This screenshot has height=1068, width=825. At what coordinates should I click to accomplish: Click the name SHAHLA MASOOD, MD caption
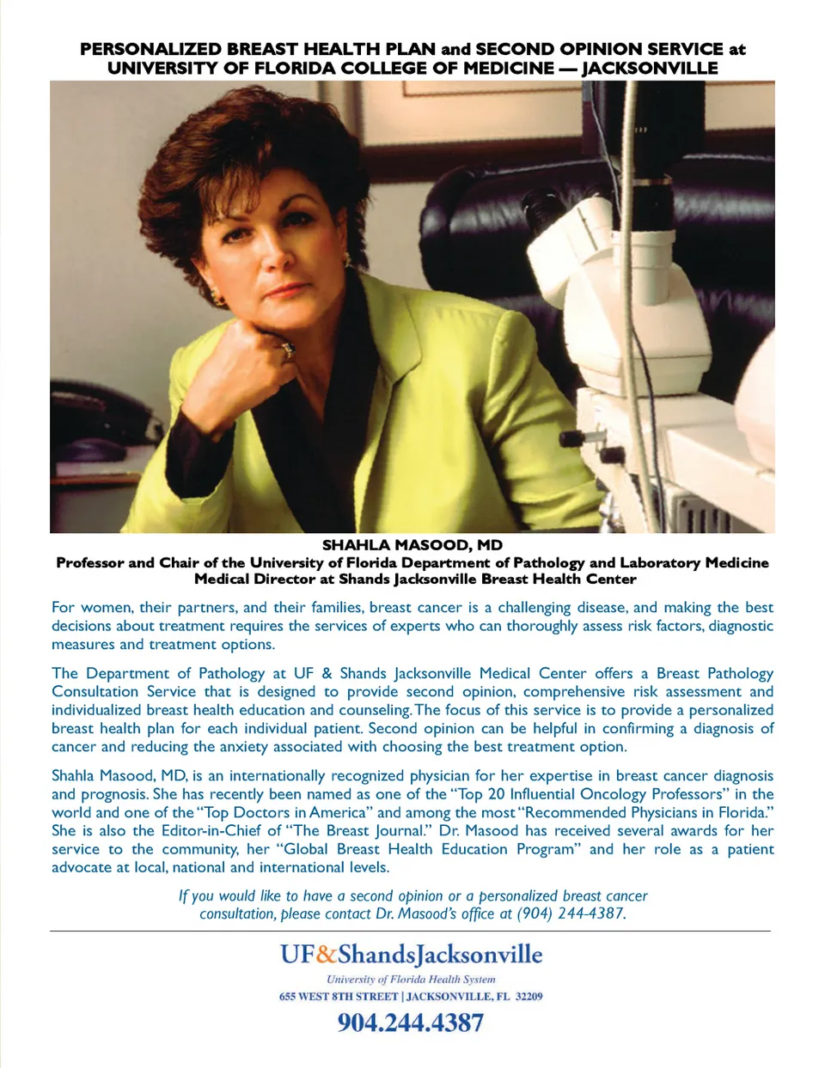point(412,545)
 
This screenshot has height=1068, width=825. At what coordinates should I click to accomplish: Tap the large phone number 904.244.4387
point(411,1022)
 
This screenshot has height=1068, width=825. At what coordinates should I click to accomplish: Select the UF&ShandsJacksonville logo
point(411,955)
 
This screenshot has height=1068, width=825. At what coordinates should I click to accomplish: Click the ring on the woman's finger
point(288,349)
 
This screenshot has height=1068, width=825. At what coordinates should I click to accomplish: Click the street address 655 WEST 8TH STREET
point(339,997)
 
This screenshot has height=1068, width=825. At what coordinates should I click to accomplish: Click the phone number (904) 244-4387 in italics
point(571,913)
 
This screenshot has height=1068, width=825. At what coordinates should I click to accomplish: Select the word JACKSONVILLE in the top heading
point(650,68)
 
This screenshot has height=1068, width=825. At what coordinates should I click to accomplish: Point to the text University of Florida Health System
point(411,979)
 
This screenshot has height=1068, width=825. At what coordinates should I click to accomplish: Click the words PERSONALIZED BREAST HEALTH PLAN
point(258,49)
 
